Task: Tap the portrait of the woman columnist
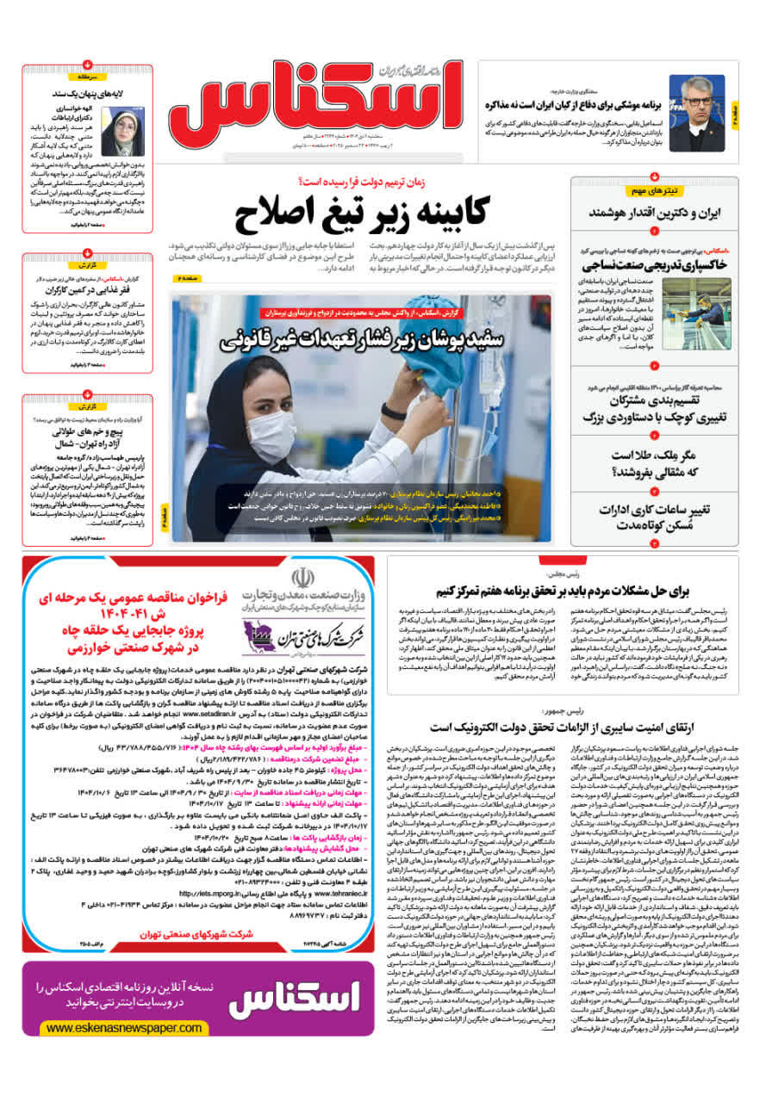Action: pyautogui.click(x=119, y=131)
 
